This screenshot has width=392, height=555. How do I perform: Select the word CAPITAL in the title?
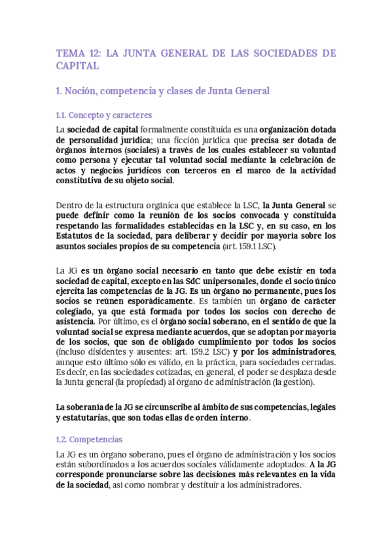[77, 65]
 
